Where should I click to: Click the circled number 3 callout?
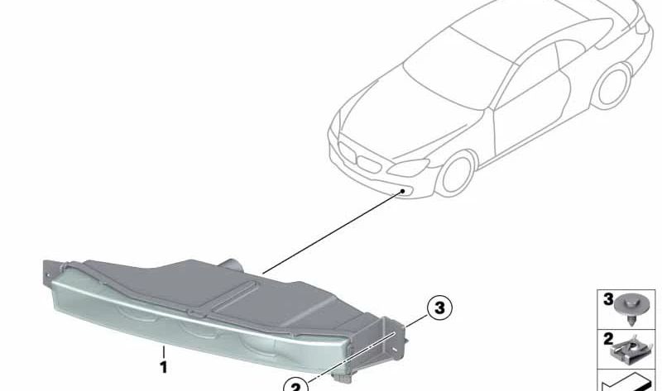click(x=439, y=308)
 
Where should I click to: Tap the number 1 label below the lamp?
click(x=163, y=367)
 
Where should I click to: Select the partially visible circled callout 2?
click(x=295, y=384)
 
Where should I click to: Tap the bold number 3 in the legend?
click(x=608, y=299)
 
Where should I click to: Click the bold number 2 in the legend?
click(x=608, y=339)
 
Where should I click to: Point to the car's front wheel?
click(x=456, y=174)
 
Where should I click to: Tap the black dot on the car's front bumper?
click(x=403, y=191)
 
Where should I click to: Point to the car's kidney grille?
click(x=358, y=157)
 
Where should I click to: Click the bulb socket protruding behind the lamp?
click(x=232, y=265)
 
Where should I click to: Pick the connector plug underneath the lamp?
click(x=343, y=378)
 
